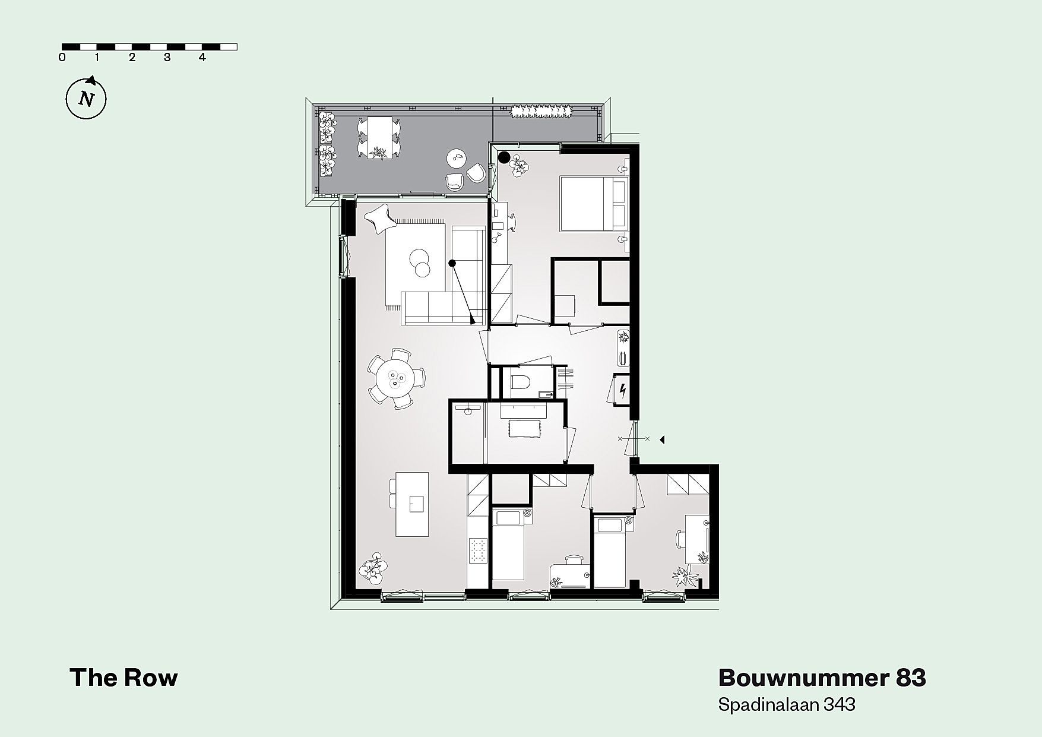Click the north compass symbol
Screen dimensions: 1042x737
pos(86,98)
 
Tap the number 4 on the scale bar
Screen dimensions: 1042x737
pos(202,58)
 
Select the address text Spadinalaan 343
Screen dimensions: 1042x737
pos(787,704)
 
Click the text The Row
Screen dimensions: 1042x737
pos(123,678)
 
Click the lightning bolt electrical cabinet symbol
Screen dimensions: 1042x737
pos(622,390)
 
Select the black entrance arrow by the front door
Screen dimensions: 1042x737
pos(662,439)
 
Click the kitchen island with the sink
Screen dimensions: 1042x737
pos(413,505)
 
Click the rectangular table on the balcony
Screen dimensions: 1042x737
pos(377,137)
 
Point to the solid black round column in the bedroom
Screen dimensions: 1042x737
pos(504,157)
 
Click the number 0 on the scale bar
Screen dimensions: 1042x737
pos(62,58)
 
